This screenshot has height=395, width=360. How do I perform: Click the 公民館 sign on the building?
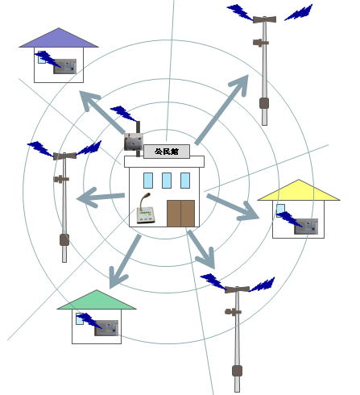[167, 152]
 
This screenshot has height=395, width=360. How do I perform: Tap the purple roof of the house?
[59, 38]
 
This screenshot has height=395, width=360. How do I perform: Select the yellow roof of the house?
[299, 190]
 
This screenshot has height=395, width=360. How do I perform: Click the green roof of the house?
[97, 300]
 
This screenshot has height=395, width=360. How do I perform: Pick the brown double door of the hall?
[181, 214]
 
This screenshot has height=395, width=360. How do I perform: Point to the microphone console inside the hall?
[146, 209]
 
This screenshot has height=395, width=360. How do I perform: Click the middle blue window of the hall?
[167, 181]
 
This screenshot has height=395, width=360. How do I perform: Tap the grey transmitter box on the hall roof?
[133, 142]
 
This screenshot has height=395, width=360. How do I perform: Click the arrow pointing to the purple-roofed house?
[102, 112]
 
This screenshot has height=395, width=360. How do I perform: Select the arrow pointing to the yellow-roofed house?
[233, 207]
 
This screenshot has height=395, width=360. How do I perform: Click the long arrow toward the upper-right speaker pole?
[221, 110]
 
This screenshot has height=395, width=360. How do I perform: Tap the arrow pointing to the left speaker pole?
[101, 197]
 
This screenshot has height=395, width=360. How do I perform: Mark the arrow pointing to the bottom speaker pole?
[201, 249]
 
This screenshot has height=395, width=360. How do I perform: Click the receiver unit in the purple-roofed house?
[65, 66]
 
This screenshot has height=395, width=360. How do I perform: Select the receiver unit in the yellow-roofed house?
[306, 227]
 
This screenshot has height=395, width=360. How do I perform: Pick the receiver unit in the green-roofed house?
[106, 327]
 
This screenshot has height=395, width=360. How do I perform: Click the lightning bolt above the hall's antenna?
[123, 113]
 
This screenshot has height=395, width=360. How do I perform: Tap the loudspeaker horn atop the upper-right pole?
[264, 19]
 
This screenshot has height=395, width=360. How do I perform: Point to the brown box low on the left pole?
[64, 239]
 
